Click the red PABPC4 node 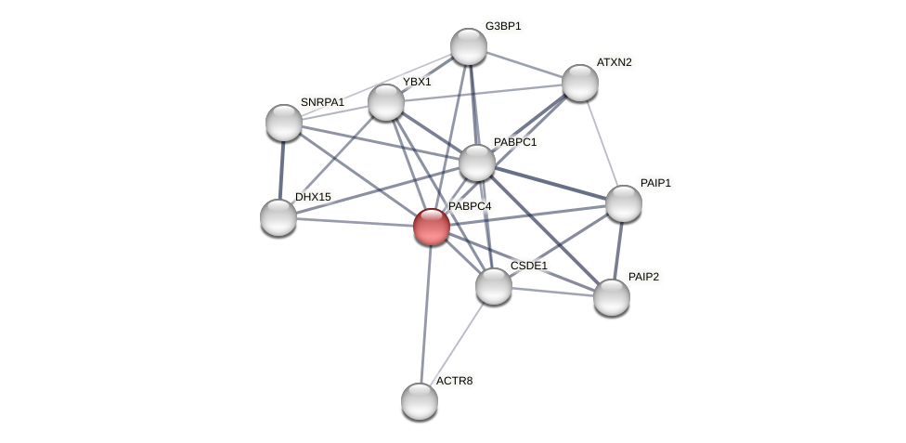432,227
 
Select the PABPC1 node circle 477,163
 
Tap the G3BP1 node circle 469,46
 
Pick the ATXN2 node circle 580,83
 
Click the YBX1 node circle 386,102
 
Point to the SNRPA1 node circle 284,123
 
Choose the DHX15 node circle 278,217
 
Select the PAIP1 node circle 624,203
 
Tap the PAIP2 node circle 612,297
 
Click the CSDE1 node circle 494,286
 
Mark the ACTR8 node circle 420,401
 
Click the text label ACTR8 454,381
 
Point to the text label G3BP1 503,26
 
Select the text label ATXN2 614,62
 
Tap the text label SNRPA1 322,102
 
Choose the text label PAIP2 643,277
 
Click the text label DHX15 313,197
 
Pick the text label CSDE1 529,266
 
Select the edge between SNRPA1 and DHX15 281,170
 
